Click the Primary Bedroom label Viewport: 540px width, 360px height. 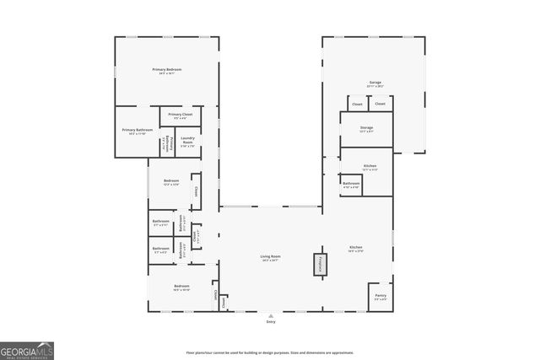coord(167,69)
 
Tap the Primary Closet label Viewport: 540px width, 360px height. coord(181,114)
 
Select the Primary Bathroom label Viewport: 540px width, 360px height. coord(138,130)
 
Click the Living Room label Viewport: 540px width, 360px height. coord(270,256)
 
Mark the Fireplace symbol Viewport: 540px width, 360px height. coord(320,264)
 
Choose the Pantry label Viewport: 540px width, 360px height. coord(380,294)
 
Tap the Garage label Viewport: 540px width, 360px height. coord(374,83)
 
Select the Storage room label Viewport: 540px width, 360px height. coord(366,128)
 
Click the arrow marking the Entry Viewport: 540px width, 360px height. coord(271,314)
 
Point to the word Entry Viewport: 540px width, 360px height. coord(271,322)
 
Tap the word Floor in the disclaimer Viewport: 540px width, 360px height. coord(191,352)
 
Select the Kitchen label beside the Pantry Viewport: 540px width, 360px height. coord(355,248)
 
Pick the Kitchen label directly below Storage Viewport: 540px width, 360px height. coord(370,166)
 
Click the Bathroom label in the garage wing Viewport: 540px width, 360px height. coord(351,183)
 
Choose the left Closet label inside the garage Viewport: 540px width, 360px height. coord(357,104)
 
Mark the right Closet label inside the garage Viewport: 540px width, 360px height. coord(380,104)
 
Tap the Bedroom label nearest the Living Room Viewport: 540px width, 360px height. coord(181,287)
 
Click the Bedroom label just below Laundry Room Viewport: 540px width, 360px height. coord(171,180)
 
